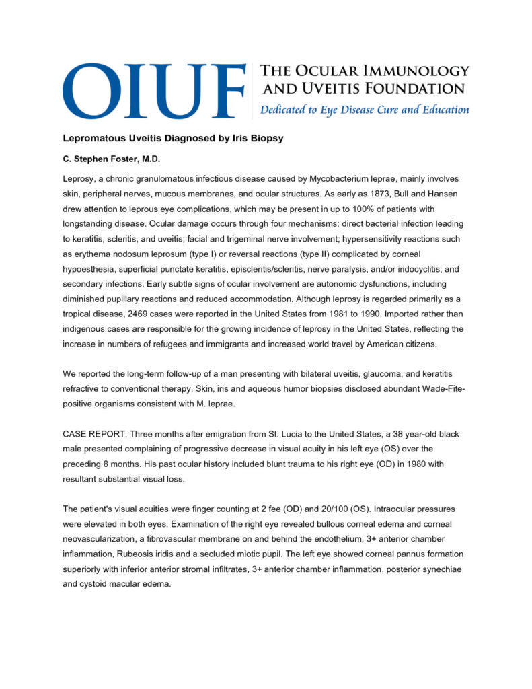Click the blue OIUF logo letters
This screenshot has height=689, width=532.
click(153, 91)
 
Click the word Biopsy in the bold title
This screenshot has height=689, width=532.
click(266, 139)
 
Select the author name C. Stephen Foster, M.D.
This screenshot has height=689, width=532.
click(107, 161)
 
